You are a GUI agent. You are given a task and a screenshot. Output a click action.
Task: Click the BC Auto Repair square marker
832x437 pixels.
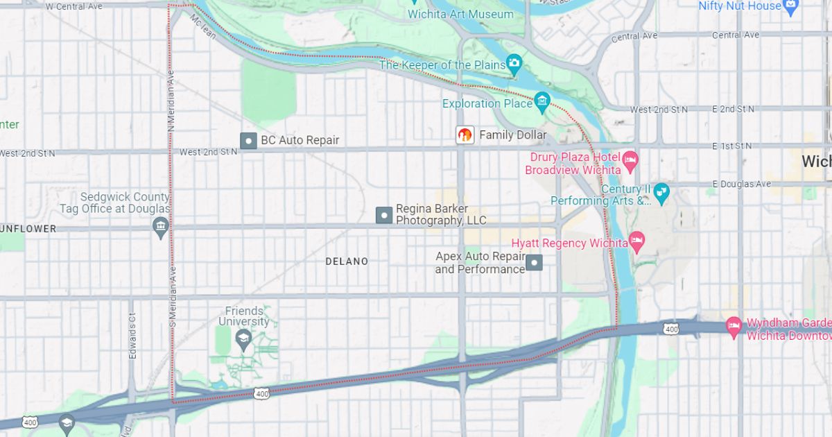pyautogui.click(x=248, y=141)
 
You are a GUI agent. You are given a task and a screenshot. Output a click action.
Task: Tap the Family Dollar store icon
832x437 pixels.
pyautogui.click(x=465, y=135)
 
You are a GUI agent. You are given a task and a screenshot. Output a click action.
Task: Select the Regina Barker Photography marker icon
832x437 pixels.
pyautogui.click(x=384, y=215)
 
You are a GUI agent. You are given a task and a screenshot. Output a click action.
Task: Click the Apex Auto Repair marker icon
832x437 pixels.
pyautogui.click(x=534, y=263)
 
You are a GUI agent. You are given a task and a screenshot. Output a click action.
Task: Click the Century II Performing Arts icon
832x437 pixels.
pyautogui.click(x=661, y=194)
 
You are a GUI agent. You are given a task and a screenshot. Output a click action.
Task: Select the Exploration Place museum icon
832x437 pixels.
pyautogui.click(x=542, y=103)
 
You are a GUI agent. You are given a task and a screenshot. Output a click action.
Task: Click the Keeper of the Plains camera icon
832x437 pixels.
pyautogui.click(x=514, y=65)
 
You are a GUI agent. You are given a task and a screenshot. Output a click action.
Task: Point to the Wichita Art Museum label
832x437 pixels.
pyautogui.click(x=460, y=14)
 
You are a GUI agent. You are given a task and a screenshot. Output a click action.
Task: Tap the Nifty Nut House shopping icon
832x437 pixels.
pyautogui.click(x=791, y=6)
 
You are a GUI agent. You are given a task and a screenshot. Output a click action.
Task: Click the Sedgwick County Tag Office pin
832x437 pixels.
pyautogui.click(x=161, y=226)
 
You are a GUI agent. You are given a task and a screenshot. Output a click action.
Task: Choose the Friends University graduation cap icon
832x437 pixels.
pyautogui.click(x=243, y=339)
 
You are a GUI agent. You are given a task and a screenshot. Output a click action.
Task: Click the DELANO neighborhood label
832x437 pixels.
pyautogui.click(x=347, y=262)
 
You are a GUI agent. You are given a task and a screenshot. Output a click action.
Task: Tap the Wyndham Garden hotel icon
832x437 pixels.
pyautogui.click(x=734, y=325)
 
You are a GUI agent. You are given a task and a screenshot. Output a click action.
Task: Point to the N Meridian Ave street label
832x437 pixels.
pyautogui.click(x=171, y=98)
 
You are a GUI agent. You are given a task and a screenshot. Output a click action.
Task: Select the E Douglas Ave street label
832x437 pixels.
pyautogui.click(x=741, y=184)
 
